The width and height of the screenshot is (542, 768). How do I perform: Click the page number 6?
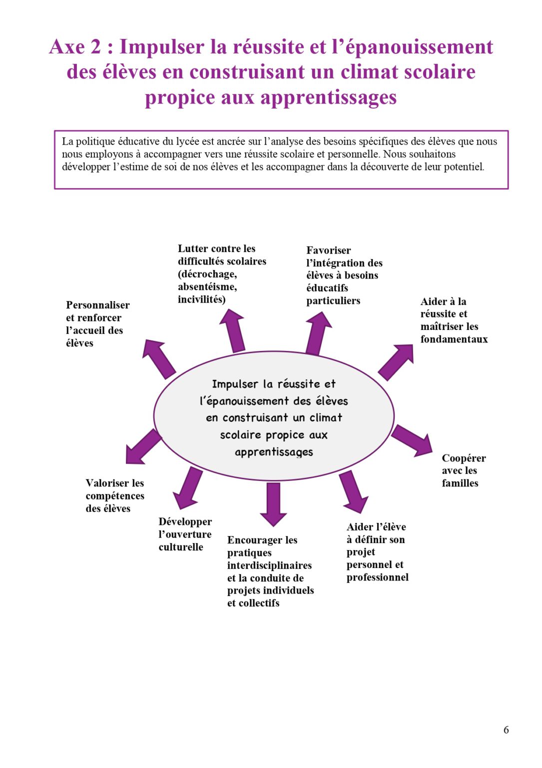point(506,730)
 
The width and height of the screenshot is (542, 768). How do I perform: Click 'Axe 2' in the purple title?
point(75,47)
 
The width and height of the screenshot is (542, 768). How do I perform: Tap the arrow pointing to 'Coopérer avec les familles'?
point(412,440)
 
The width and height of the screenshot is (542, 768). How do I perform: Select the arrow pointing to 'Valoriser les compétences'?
point(143,446)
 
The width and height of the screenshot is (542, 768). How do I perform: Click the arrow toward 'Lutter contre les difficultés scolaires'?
point(233,330)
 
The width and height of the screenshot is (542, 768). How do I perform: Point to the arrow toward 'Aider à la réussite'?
point(396,361)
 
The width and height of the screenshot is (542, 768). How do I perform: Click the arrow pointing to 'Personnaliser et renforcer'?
point(159,358)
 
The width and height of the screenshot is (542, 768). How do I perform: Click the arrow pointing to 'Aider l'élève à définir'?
point(353,491)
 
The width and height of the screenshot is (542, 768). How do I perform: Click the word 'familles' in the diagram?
point(460,483)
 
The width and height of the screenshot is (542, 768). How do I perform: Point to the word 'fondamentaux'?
point(454,339)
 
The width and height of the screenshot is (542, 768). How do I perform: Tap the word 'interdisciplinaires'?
point(269,565)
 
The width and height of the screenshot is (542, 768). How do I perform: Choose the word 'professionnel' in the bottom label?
point(377,577)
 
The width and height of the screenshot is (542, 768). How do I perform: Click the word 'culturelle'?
point(181,547)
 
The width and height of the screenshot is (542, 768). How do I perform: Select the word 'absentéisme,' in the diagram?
point(207,286)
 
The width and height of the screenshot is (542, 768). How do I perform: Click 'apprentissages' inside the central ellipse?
point(274,452)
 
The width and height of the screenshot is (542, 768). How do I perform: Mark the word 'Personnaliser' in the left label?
point(97,305)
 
